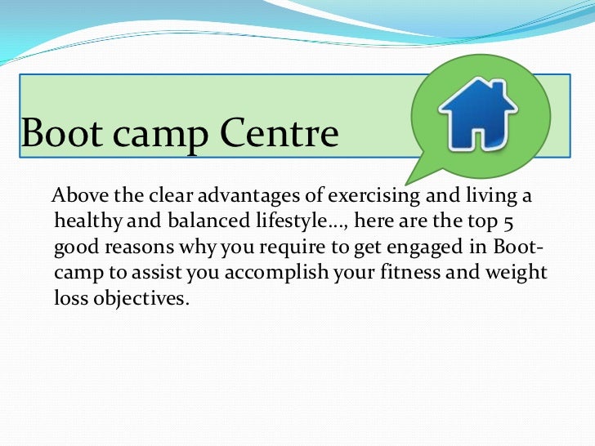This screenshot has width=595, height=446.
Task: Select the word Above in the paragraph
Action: (x=79, y=198)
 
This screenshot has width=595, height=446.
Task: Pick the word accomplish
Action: (x=274, y=273)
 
